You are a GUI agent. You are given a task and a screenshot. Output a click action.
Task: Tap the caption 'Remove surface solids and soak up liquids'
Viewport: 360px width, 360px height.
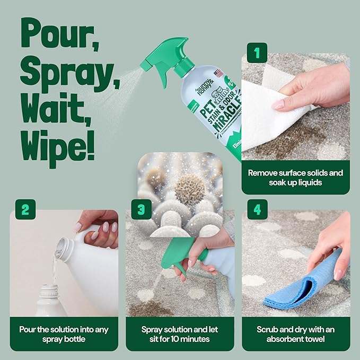tap(296, 178)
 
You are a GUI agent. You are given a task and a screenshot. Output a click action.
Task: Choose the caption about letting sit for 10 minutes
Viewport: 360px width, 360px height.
tap(180, 334)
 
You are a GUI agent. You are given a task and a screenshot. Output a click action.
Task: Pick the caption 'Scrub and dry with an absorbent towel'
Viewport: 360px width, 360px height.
tap(296, 334)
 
